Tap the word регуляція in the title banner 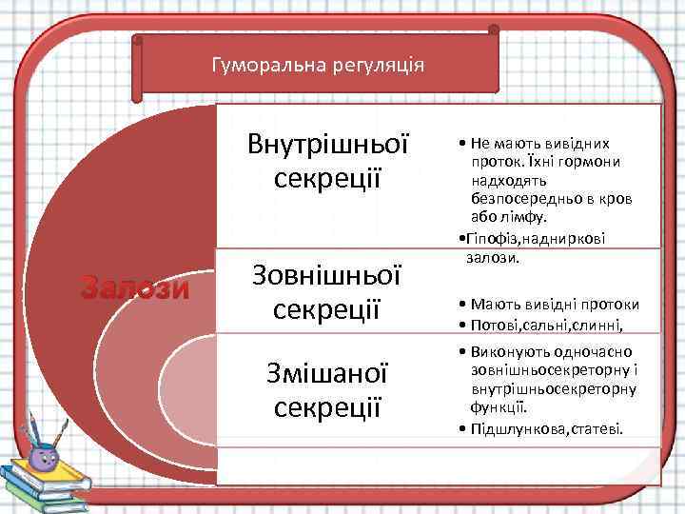pyautogui.click(x=375, y=67)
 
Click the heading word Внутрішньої pyautogui.click(x=327, y=145)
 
